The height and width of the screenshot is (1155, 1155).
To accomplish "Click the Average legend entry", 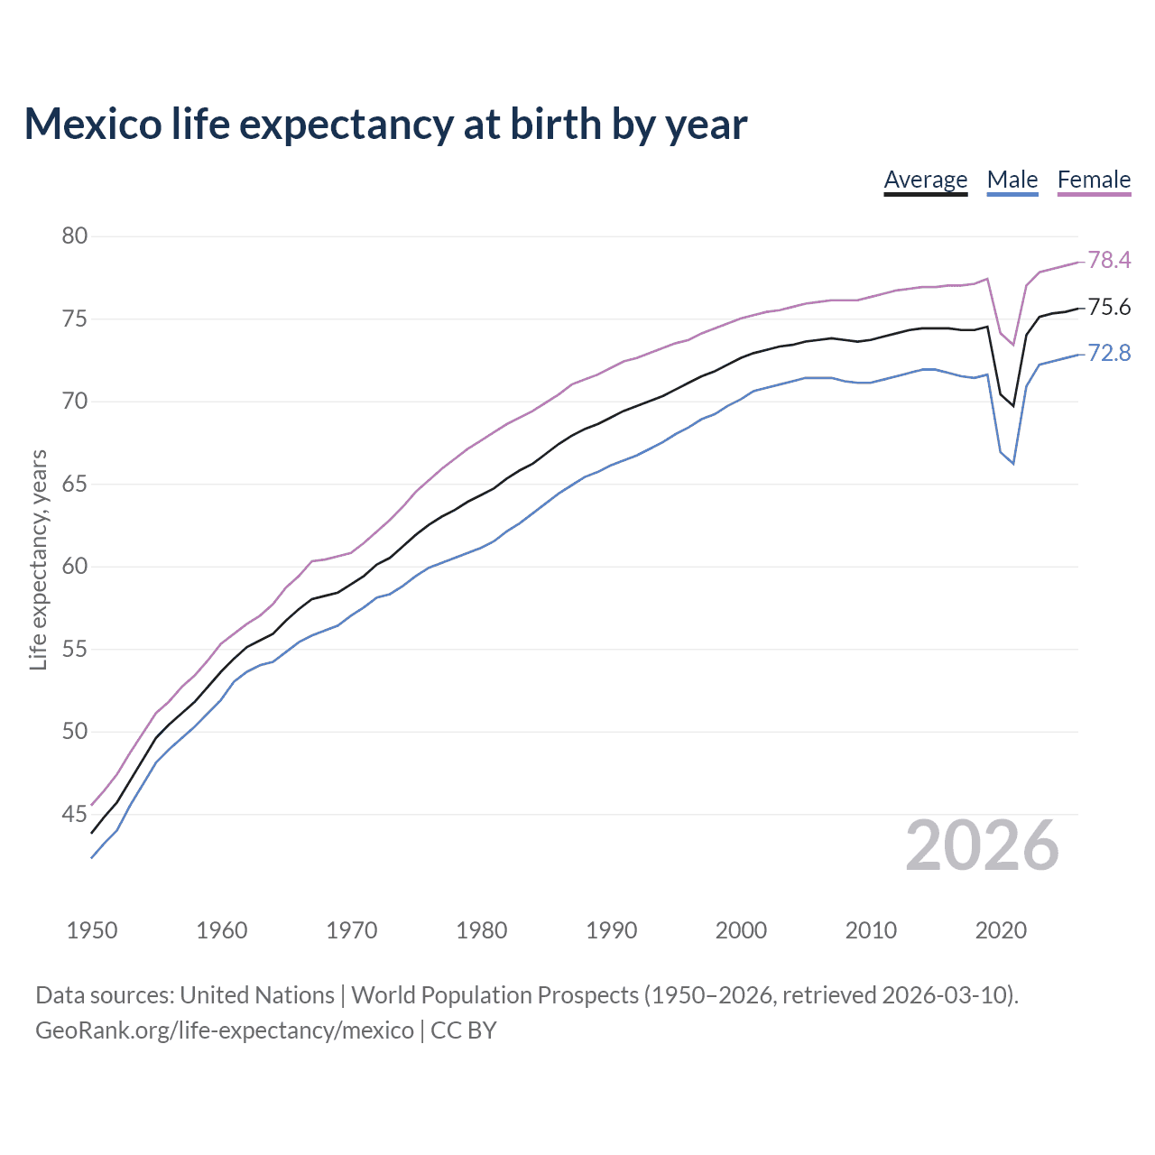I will (x=925, y=180).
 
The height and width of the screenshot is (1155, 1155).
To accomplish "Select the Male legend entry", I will (x=1012, y=180).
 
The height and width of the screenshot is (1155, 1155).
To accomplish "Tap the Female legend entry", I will (x=1094, y=180).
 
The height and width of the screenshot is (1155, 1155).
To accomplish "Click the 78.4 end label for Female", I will (x=1109, y=260).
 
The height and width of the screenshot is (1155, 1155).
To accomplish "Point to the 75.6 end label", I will (x=1109, y=308).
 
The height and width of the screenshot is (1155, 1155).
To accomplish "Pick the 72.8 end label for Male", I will (x=1109, y=353).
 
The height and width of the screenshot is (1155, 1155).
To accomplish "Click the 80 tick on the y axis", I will (x=75, y=236).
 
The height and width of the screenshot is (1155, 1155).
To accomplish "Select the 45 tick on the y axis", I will (x=75, y=815).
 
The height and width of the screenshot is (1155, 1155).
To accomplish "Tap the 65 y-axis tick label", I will (x=75, y=485).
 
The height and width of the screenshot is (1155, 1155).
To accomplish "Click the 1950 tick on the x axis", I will (x=92, y=930).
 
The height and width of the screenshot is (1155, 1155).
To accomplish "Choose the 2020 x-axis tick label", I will (x=1001, y=930).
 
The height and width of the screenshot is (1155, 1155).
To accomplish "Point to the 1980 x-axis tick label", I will (x=482, y=930).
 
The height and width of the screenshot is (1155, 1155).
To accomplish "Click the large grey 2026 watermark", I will (x=982, y=845).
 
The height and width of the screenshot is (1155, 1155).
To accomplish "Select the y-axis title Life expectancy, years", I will (x=38, y=560).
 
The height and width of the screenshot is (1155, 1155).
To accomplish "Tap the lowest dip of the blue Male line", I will (x=1013, y=464).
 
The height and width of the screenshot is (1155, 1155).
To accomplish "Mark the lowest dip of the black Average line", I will (x=1013, y=406).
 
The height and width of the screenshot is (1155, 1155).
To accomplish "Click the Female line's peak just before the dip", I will (x=987, y=279).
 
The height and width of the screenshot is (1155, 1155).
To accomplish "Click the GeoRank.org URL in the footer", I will (x=224, y=1030).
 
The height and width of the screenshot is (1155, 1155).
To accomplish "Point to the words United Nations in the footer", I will (x=257, y=995).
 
